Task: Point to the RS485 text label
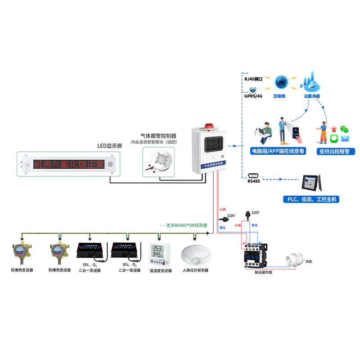coord(254,182)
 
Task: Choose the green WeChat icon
coord(344,129)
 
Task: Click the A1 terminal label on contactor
coord(244,243)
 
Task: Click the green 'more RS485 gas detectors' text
coord(184,225)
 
